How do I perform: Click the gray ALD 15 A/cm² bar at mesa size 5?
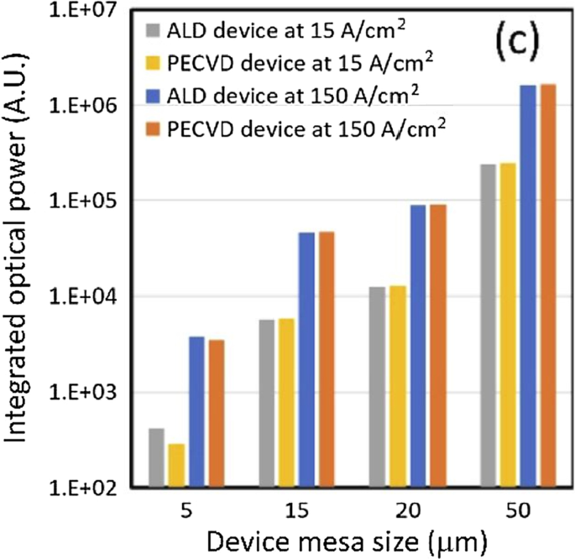[x=156, y=457]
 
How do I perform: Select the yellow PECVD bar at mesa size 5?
[x=175, y=466]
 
